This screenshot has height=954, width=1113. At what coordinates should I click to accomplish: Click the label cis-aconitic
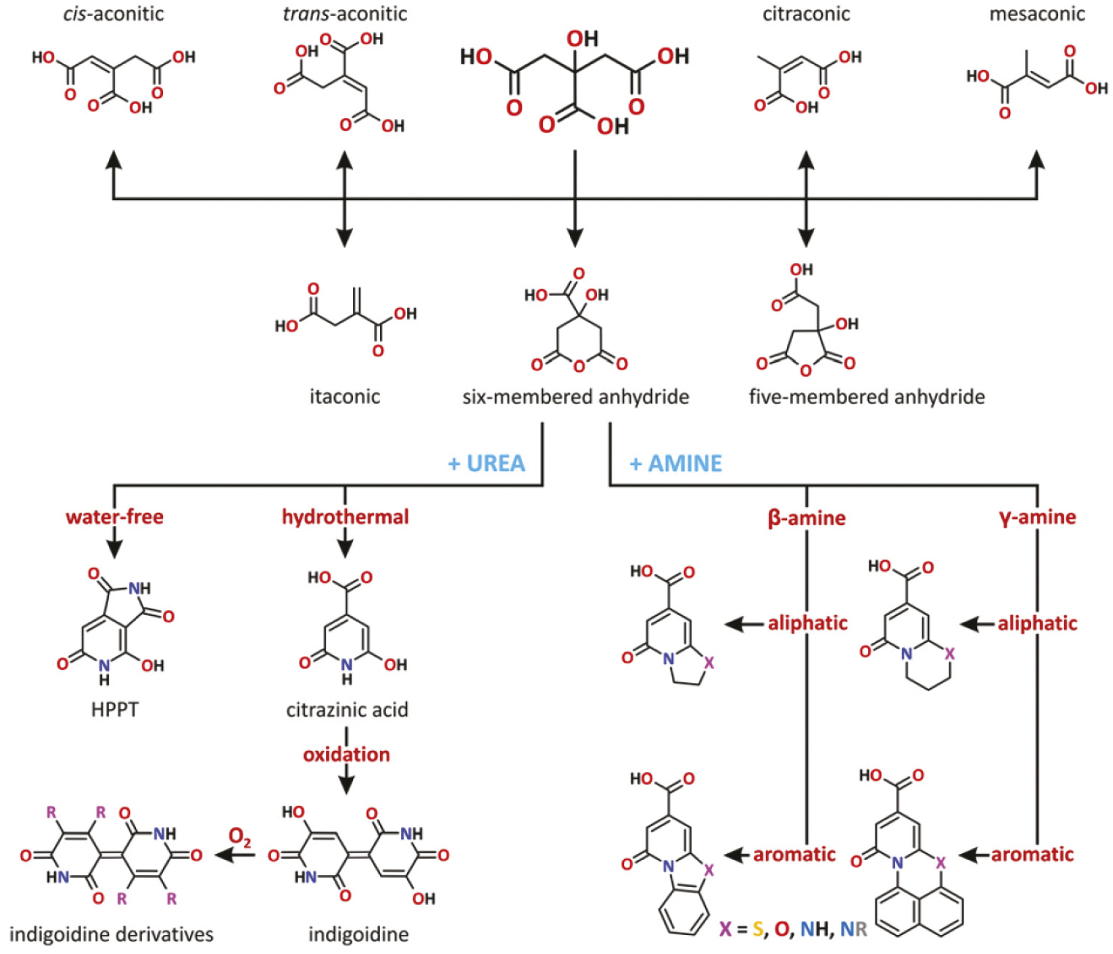click(113, 14)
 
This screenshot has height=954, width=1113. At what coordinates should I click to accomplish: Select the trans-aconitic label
click(345, 14)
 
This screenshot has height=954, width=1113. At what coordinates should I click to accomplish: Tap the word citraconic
click(806, 14)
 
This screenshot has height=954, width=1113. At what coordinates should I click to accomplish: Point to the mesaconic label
click(1037, 14)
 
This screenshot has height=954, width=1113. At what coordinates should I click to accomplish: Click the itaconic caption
click(345, 397)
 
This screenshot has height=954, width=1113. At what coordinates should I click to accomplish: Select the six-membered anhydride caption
click(576, 397)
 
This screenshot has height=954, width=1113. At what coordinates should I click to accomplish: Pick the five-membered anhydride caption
click(867, 397)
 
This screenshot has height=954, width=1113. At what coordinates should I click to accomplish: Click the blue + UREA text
click(486, 463)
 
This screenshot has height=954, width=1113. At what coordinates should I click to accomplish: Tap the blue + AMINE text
click(676, 463)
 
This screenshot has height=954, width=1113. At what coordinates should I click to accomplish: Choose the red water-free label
click(115, 517)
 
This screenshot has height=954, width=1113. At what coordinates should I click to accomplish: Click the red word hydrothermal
click(346, 517)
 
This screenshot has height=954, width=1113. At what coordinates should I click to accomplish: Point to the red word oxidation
click(346, 755)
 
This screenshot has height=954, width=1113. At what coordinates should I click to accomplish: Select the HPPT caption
click(115, 709)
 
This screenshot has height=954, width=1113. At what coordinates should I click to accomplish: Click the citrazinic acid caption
click(347, 709)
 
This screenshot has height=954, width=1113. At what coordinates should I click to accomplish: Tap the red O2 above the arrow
click(240, 836)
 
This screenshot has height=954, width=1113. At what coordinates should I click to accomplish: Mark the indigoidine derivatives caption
click(111, 934)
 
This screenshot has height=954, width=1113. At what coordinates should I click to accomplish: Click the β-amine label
click(807, 518)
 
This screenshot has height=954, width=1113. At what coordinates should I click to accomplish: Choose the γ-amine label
click(1038, 517)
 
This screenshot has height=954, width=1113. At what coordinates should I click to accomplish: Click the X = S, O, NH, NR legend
click(793, 929)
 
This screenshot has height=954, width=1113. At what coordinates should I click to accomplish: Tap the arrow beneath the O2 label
click(234, 855)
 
